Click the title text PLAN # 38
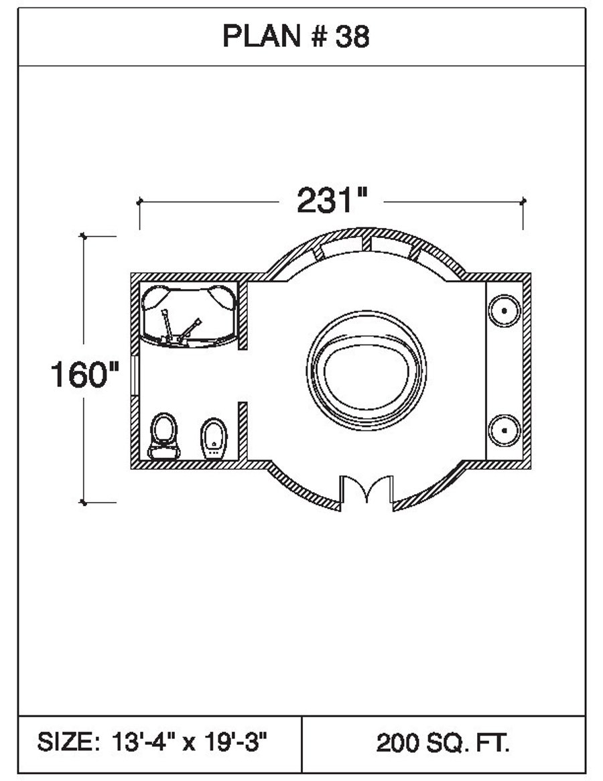(295, 36)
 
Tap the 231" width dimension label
(332, 200)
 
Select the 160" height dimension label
(85, 375)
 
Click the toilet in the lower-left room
(164, 436)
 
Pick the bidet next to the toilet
(214, 439)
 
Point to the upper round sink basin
(504, 311)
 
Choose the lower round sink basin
(504, 430)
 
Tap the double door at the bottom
(366, 489)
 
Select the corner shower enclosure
(189, 315)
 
